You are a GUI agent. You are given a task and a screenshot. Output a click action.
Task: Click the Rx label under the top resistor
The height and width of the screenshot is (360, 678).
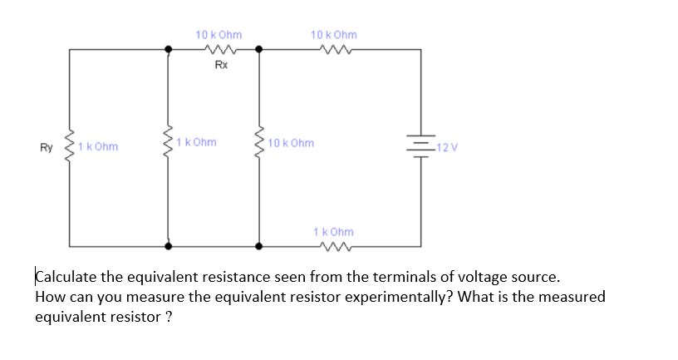[220, 64]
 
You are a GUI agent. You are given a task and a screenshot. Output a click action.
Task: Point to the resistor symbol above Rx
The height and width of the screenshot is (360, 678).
[219, 49]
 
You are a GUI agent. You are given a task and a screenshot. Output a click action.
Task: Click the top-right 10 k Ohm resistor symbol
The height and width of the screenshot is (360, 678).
[334, 49]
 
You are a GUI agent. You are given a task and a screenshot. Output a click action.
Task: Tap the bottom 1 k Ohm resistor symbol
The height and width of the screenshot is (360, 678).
[334, 246]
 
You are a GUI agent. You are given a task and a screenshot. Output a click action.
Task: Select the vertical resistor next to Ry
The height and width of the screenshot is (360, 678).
[70, 146]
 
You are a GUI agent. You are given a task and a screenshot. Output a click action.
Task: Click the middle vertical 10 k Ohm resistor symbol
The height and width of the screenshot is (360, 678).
[259, 145]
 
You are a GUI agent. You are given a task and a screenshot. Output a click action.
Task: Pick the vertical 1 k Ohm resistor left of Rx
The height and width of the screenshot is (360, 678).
[169, 145]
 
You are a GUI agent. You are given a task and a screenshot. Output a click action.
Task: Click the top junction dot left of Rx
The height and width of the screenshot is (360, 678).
[169, 49]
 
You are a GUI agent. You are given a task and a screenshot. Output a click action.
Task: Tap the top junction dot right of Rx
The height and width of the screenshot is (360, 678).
[259, 49]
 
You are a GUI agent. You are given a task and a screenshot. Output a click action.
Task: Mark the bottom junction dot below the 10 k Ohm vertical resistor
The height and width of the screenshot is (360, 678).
[259, 246]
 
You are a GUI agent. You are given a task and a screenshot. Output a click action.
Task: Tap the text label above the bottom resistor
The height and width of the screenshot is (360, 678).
[333, 231]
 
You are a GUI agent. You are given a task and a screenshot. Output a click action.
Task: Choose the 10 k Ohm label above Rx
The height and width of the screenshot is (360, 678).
[219, 35]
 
